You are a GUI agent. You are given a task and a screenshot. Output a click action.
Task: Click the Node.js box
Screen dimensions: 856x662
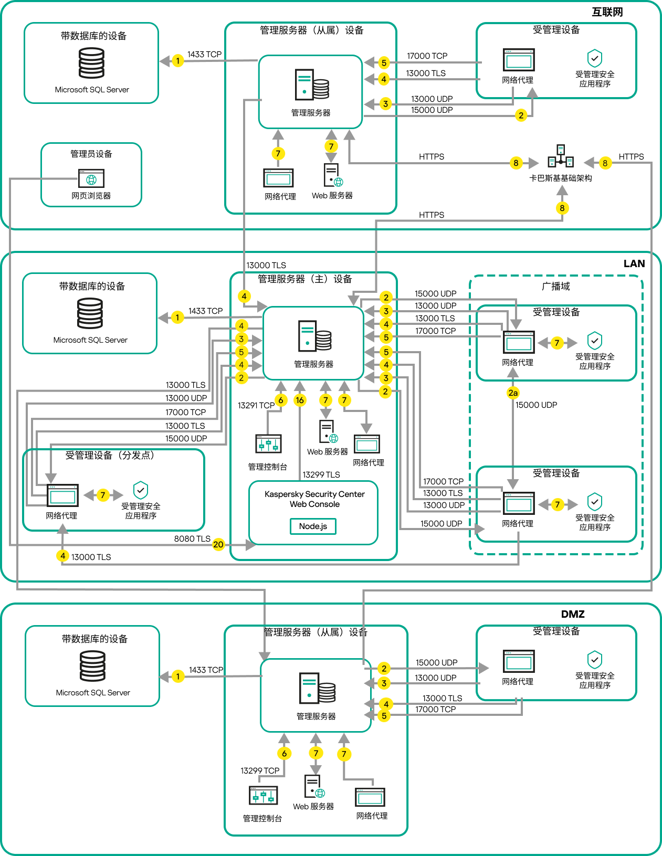click(313, 526)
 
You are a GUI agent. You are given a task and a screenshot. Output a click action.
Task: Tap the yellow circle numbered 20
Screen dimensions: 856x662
click(218, 545)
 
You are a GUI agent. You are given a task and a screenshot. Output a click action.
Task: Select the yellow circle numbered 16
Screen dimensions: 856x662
click(300, 400)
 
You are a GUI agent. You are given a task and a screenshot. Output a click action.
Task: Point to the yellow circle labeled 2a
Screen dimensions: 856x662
click(513, 393)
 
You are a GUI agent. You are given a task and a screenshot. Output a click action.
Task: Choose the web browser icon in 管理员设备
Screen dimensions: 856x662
click(91, 179)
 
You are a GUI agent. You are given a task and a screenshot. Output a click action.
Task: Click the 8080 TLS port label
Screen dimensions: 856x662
click(192, 539)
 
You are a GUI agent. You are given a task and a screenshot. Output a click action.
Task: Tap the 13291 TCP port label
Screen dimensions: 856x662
click(256, 406)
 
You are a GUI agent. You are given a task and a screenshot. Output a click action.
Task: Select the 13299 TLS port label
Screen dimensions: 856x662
click(321, 475)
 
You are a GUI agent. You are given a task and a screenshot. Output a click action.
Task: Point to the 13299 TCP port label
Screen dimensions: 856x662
click(260, 771)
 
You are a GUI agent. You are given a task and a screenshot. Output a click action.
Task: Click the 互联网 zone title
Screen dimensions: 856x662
click(607, 12)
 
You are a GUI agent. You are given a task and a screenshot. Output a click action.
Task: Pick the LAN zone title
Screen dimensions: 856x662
click(634, 264)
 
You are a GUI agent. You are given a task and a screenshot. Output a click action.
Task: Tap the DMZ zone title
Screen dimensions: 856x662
click(573, 615)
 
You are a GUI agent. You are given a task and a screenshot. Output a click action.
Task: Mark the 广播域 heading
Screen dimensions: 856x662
click(556, 287)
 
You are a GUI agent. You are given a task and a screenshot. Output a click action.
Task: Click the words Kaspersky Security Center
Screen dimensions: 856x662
click(314, 494)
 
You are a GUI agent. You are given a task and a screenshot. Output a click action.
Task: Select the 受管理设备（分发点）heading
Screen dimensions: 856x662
click(110, 456)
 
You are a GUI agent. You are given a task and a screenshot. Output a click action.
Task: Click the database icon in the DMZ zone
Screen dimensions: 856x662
click(92, 666)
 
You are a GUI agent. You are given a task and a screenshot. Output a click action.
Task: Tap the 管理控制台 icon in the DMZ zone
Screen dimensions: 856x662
click(263, 796)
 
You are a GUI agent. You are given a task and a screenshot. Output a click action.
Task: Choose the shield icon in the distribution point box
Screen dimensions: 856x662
click(141, 490)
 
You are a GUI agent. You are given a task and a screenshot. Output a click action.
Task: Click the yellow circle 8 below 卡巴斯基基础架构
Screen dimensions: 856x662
click(562, 208)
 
